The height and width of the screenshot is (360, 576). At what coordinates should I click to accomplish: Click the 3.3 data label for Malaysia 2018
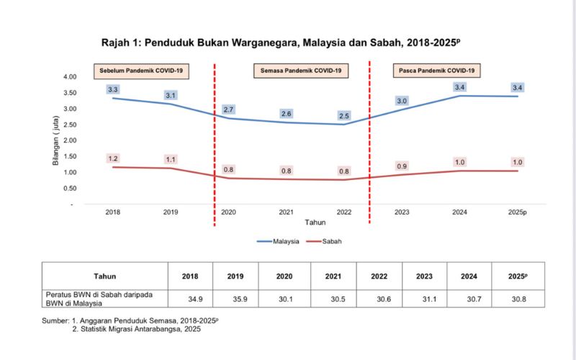coord(113,89)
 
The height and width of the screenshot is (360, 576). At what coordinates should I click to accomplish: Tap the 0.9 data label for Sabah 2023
coord(402,166)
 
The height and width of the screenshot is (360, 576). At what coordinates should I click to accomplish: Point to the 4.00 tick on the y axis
coord(69,76)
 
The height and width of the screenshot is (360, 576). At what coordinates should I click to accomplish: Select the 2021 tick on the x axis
coord(287,212)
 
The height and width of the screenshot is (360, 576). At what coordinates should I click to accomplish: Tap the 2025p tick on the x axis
coord(517,212)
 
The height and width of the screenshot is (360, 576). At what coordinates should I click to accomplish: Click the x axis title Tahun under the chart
coord(315,222)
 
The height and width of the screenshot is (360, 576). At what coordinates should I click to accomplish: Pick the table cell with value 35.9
coord(235,299)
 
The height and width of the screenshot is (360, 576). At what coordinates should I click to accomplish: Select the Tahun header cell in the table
coord(104,276)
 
